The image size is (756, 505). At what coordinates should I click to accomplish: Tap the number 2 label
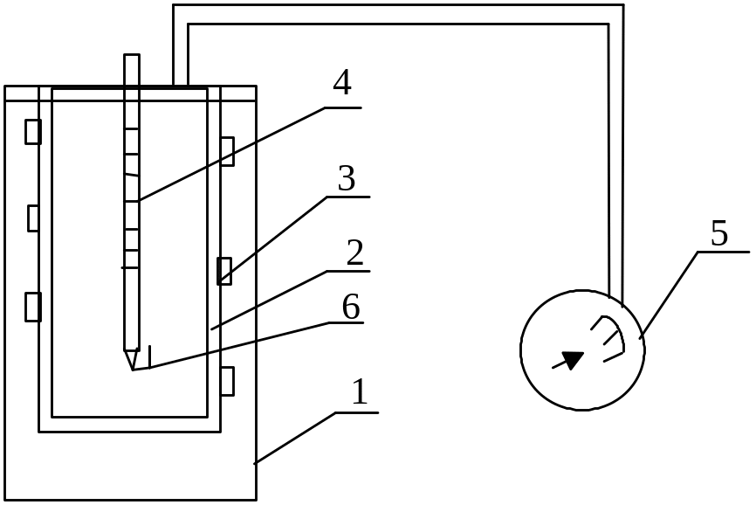[x=354, y=253]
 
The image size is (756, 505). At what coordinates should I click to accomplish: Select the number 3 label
[x=347, y=179]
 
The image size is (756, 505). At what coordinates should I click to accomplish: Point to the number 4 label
[x=342, y=84]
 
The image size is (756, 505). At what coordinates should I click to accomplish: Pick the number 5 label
[x=718, y=234]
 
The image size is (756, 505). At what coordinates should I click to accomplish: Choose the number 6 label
[x=350, y=307]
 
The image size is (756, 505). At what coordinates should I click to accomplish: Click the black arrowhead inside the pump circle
[x=573, y=359]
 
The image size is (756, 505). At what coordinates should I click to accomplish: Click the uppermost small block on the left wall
[x=33, y=132]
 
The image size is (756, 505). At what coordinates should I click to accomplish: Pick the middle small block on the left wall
[x=33, y=218]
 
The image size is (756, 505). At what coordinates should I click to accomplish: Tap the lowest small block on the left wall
[x=33, y=307]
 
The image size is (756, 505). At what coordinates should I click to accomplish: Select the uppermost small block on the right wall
[x=227, y=150]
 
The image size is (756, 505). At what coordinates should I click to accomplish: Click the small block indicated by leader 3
[x=223, y=271]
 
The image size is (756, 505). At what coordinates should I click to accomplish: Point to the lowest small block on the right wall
[x=227, y=381]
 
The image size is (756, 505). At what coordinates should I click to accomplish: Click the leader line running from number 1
[x=297, y=436]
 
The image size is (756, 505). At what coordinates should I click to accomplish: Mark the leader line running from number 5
[x=669, y=294]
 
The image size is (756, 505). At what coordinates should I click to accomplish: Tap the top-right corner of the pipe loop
[x=615, y=15]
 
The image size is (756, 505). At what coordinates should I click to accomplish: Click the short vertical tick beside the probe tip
[x=151, y=356]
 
